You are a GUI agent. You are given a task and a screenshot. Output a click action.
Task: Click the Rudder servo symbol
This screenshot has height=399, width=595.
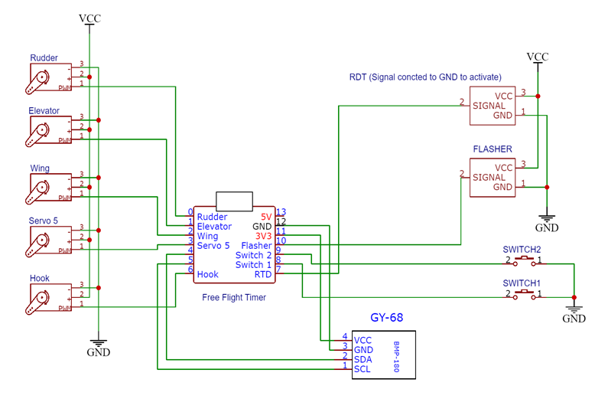point(40,78)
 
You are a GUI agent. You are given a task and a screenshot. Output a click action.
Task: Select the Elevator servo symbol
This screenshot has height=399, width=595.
point(40,131)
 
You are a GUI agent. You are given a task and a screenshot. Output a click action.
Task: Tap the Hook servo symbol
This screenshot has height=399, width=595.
point(40,299)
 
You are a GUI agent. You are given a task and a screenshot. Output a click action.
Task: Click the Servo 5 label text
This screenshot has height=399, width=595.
point(44,221)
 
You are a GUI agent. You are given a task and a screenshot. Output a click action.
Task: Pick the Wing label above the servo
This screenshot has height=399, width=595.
point(40,168)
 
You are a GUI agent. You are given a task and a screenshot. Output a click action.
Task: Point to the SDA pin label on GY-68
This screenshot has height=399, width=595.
point(363,358)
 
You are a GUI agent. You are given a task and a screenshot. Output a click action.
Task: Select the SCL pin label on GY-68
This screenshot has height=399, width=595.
point(363,368)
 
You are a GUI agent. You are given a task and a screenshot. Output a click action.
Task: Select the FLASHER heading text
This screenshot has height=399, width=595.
point(493,149)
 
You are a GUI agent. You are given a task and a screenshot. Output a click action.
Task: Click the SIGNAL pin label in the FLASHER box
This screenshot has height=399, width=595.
point(493,178)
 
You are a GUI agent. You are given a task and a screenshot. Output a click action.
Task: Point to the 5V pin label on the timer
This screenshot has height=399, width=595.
point(265,217)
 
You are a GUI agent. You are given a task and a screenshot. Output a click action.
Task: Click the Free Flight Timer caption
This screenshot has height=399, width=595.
point(233,297)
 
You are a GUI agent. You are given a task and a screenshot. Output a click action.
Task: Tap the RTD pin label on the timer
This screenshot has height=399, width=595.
point(263,274)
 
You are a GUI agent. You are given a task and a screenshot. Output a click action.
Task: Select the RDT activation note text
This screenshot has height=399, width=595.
point(424,77)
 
